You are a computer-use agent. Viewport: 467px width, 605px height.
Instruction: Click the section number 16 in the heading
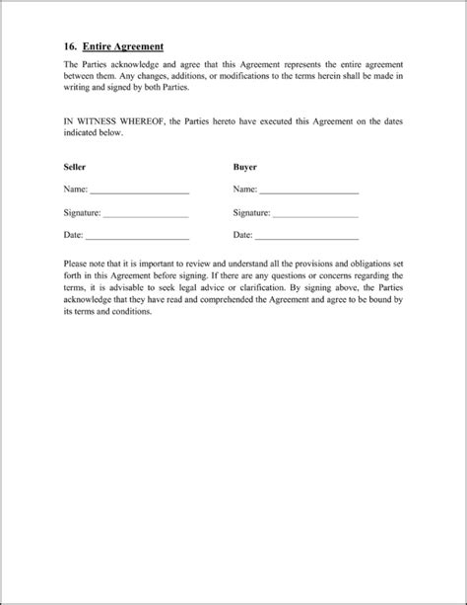point(70,45)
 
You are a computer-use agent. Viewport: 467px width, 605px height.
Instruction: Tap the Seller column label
point(75,168)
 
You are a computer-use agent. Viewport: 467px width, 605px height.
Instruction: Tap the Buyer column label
point(245,168)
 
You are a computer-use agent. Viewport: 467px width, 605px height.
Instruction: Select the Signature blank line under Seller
point(145,214)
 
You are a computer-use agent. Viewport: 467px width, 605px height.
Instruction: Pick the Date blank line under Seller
point(137,238)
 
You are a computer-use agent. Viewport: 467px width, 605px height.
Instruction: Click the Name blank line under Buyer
point(308,190)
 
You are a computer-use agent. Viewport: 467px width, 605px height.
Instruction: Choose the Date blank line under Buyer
point(306,238)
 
